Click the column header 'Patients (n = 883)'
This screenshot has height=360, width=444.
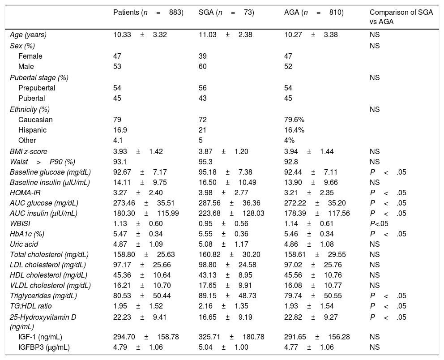click(149, 13)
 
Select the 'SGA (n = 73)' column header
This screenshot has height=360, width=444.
click(226, 13)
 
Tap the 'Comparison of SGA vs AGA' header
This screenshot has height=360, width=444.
click(401, 17)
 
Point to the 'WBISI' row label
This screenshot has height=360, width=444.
click(20, 224)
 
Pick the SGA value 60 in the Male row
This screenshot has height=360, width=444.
click(203, 66)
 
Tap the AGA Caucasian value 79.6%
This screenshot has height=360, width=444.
click(294, 120)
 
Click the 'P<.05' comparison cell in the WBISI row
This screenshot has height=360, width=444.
click(379, 224)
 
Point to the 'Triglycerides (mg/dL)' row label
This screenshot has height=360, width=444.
click(43, 296)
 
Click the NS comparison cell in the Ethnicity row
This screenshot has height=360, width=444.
click(374, 109)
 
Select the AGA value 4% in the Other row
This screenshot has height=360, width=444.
click(290, 140)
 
